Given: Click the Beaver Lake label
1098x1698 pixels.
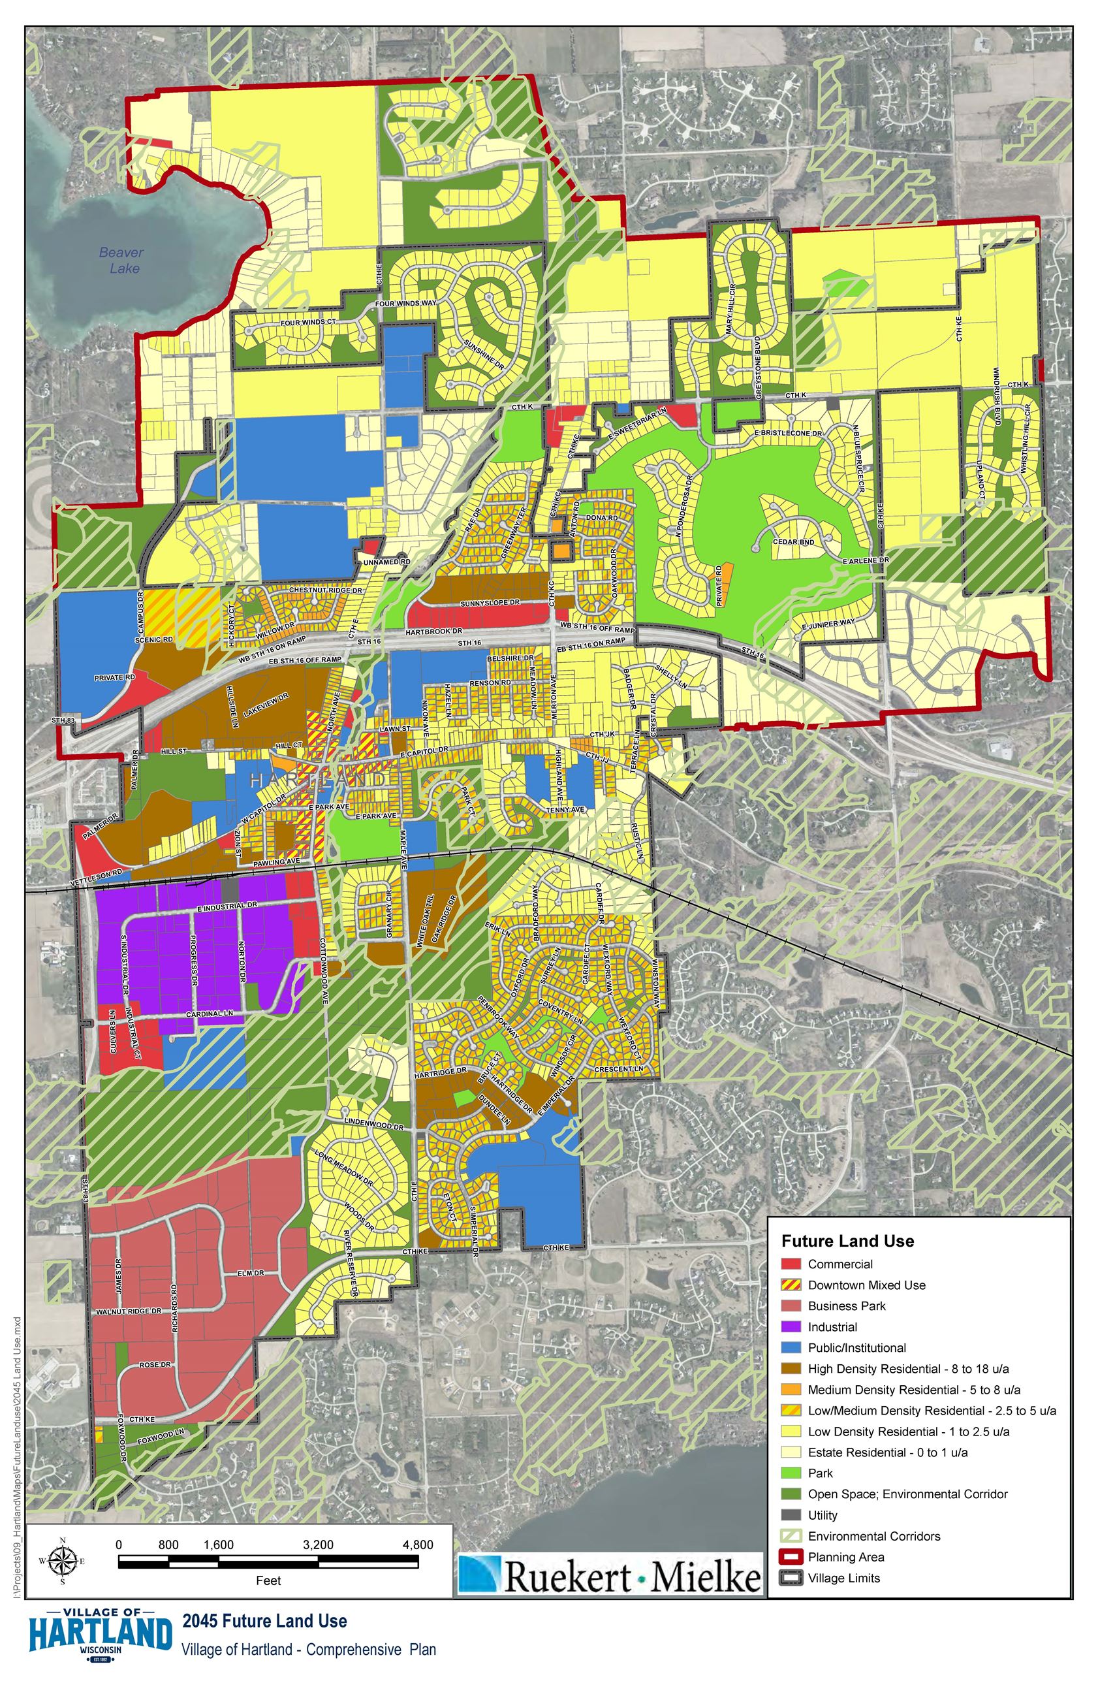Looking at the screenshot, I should click(x=121, y=261).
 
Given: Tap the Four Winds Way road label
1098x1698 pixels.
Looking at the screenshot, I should click(x=405, y=303).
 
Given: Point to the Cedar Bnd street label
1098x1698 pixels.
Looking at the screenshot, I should click(x=793, y=542).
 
